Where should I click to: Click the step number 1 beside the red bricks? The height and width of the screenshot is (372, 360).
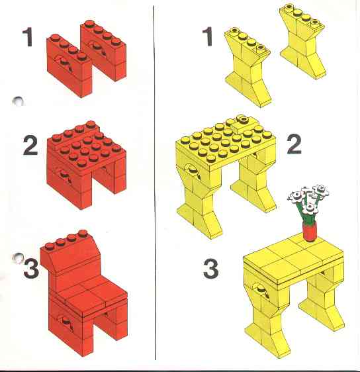[x=28, y=37]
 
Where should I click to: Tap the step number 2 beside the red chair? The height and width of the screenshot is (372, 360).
[x=30, y=146]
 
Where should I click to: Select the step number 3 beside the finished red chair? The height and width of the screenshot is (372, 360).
[x=31, y=268]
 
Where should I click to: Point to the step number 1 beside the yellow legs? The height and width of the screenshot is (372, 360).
[x=208, y=36]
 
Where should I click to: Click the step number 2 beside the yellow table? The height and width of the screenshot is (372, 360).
[x=294, y=144]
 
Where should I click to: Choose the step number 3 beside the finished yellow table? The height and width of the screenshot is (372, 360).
[x=211, y=269]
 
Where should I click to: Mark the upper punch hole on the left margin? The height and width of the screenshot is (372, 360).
[x=18, y=101]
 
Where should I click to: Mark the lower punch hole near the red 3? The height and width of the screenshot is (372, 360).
[x=18, y=258]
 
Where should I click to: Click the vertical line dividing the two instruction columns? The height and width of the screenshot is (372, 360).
[x=155, y=183]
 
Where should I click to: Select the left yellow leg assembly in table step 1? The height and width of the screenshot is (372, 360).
[x=247, y=67]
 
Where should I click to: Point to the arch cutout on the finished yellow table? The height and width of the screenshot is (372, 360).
[x=260, y=290]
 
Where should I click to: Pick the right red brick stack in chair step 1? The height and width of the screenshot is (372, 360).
[x=103, y=50]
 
